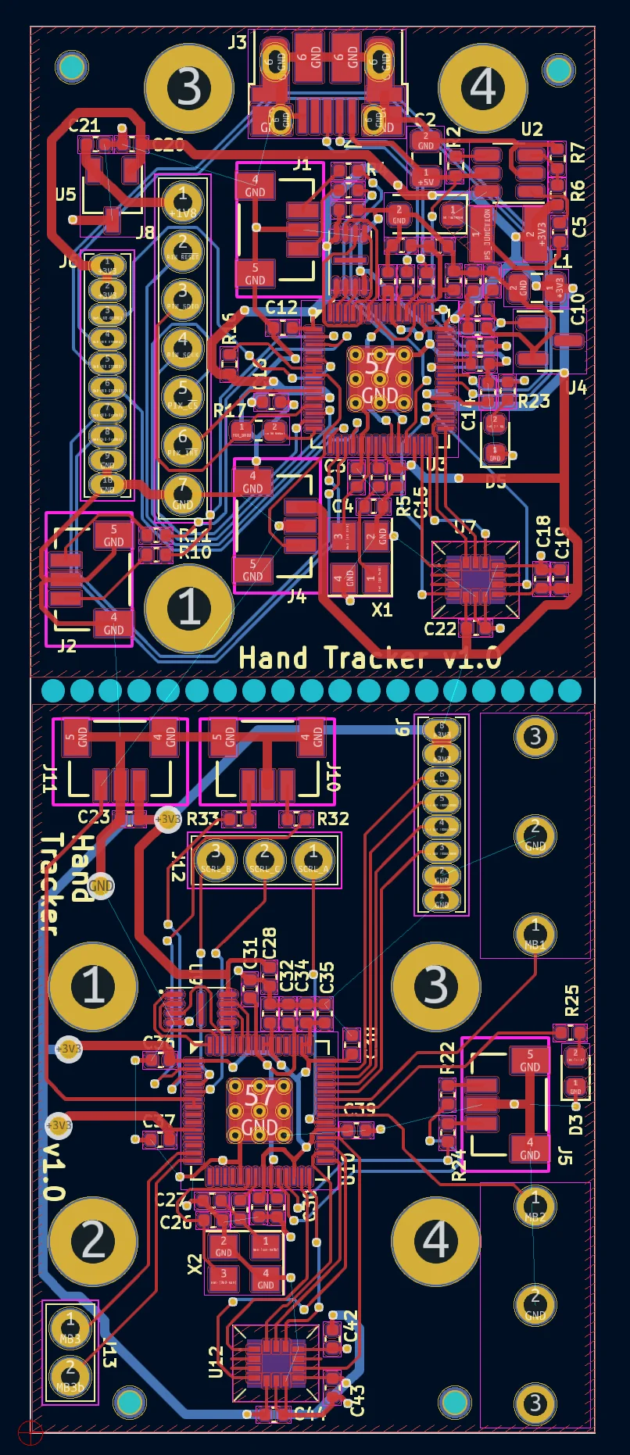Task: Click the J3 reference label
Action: point(237,43)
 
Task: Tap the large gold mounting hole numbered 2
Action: point(93,1240)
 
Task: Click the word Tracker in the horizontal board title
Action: point(374,659)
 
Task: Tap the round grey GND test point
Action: point(101,885)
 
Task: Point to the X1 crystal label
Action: point(381,610)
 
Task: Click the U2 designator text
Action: point(532,129)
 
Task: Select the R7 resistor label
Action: point(578,153)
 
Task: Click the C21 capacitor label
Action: point(84,125)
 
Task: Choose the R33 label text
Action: point(202,819)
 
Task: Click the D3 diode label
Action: point(576,1124)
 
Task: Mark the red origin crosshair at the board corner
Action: point(30,1432)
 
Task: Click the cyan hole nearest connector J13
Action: point(130,1403)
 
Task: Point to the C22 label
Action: point(439,629)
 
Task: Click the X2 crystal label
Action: point(195,1264)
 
